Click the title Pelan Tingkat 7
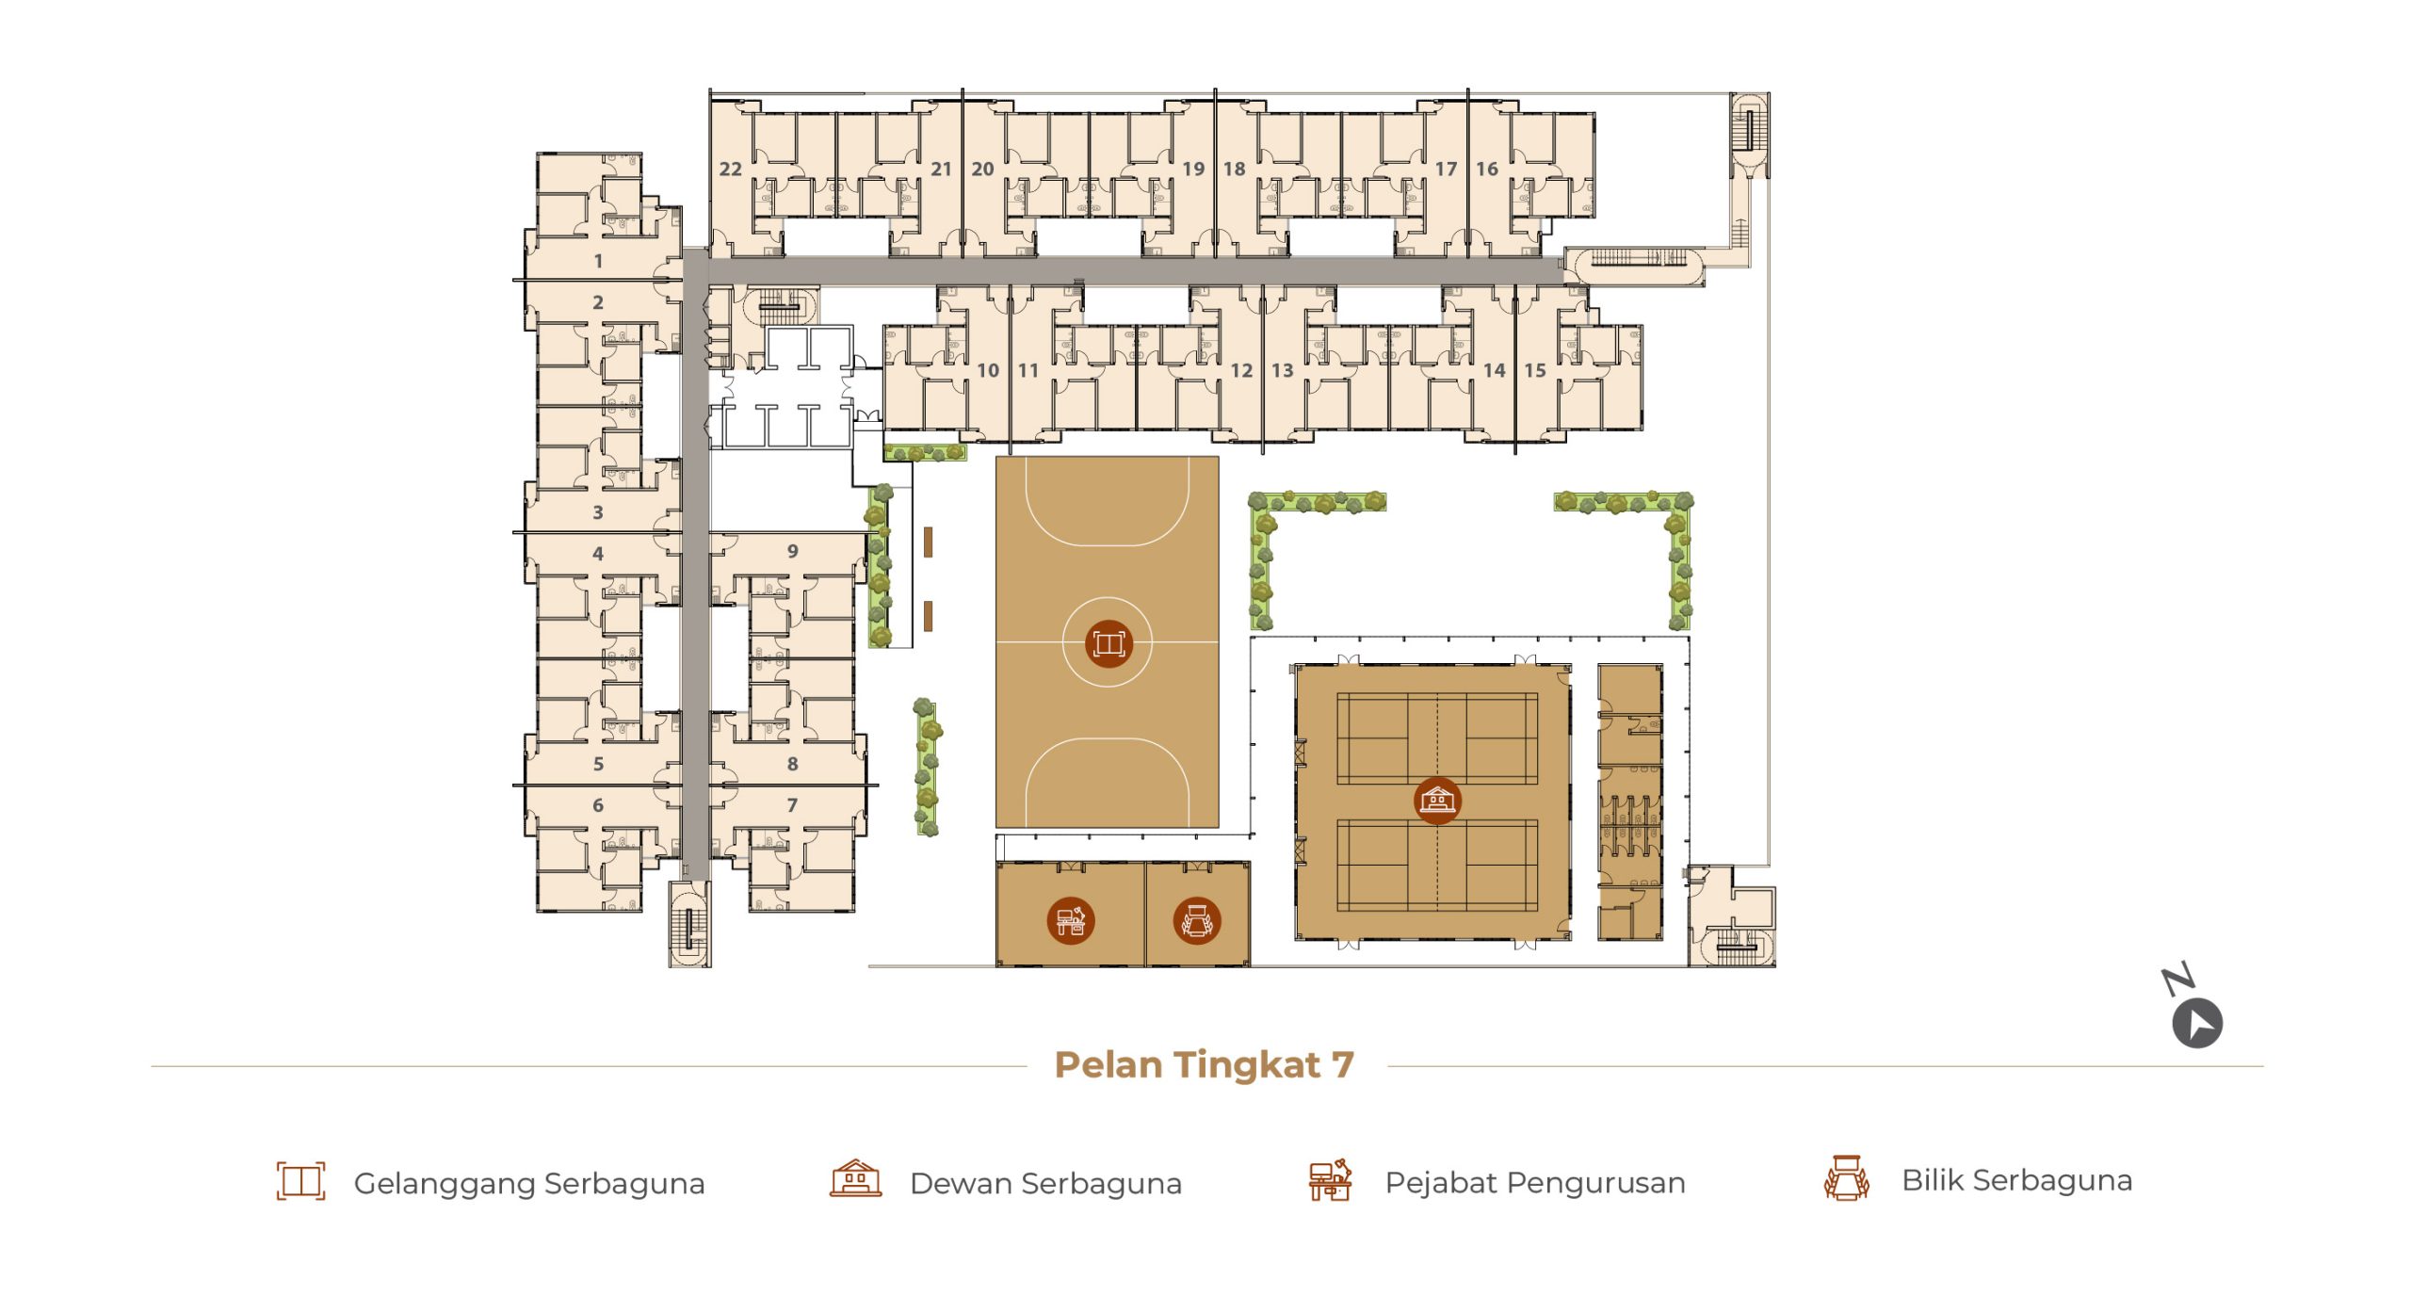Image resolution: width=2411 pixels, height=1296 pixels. pos(1205,1065)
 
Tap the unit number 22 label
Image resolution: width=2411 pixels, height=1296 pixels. pos(730,170)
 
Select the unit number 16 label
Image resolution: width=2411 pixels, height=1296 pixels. pos(1486,170)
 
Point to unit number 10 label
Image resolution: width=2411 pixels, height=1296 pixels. pos(987,371)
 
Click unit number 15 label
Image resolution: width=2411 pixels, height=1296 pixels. pos(1534,371)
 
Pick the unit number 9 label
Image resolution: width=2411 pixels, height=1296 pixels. pos(792,551)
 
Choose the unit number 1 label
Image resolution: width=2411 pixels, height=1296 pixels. pos(598,261)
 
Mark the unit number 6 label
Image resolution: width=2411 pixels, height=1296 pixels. pos(598,805)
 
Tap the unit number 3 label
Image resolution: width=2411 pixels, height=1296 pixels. pos(598,513)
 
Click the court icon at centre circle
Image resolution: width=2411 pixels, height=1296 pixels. pos(1108,644)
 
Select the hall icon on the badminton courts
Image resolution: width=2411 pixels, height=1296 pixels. pos(1437,801)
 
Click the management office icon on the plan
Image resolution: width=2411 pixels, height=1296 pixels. pos(1070,920)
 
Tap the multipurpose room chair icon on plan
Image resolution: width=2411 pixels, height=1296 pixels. pos(1196,920)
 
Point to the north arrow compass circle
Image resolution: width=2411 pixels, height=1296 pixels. pos(2197,1024)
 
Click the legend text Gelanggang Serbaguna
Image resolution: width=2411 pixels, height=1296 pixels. pos(529,1184)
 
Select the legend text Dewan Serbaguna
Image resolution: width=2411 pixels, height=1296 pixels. pos(1045,1184)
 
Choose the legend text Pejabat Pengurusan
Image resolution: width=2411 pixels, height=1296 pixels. pos(1535,1183)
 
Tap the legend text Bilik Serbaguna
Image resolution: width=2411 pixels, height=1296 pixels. pos(2017,1180)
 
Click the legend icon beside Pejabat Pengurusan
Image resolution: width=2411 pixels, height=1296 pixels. pos(1330,1180)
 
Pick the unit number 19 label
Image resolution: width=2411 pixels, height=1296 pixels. pos(1193,170)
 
